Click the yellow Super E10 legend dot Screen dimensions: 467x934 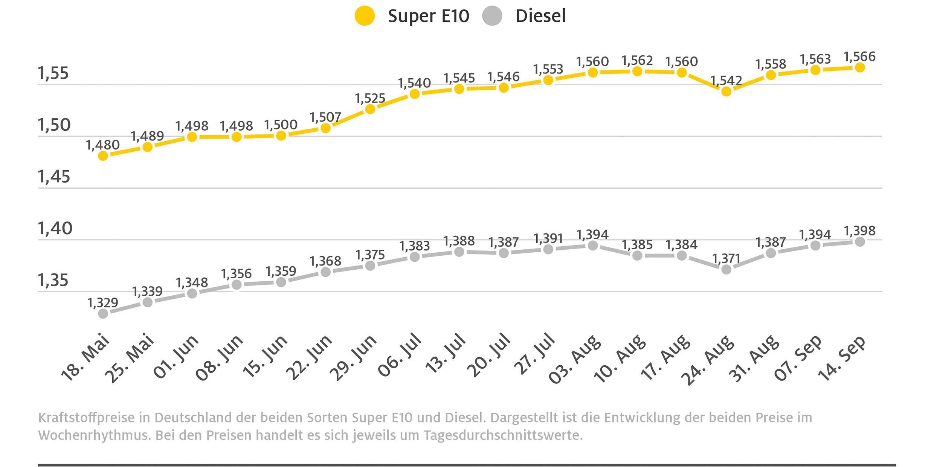(365, 16)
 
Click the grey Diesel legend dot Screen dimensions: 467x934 (492, 16)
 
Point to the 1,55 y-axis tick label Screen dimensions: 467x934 (53, 73)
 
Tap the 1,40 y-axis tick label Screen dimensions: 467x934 (55, 228)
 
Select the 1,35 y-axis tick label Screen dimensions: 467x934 (53, 280)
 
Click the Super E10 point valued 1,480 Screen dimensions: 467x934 (103, 156)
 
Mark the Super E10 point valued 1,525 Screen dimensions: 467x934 (370, 109)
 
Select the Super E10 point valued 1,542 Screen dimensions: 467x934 (726, 92)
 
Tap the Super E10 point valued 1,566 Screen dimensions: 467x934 (860, 67)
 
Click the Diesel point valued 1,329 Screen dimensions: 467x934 (103, 313)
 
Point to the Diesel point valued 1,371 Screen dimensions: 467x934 (726, 269)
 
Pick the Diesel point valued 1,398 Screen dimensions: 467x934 (860, 242)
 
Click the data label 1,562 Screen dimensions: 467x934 (637, 60)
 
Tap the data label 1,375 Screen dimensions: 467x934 (370, 255)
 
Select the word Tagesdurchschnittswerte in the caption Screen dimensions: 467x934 (503, 435)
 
